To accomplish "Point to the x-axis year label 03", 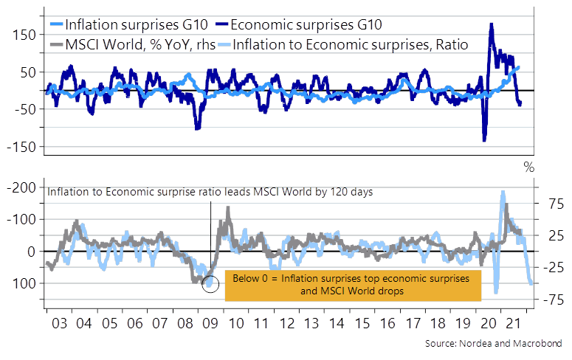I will [x=58, y=322].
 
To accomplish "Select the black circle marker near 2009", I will [x=210, y=284].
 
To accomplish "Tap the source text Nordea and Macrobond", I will [x=493, y=344].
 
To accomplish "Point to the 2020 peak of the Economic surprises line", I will [x=492, y=24].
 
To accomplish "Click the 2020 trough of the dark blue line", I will [x=484, y=139].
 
